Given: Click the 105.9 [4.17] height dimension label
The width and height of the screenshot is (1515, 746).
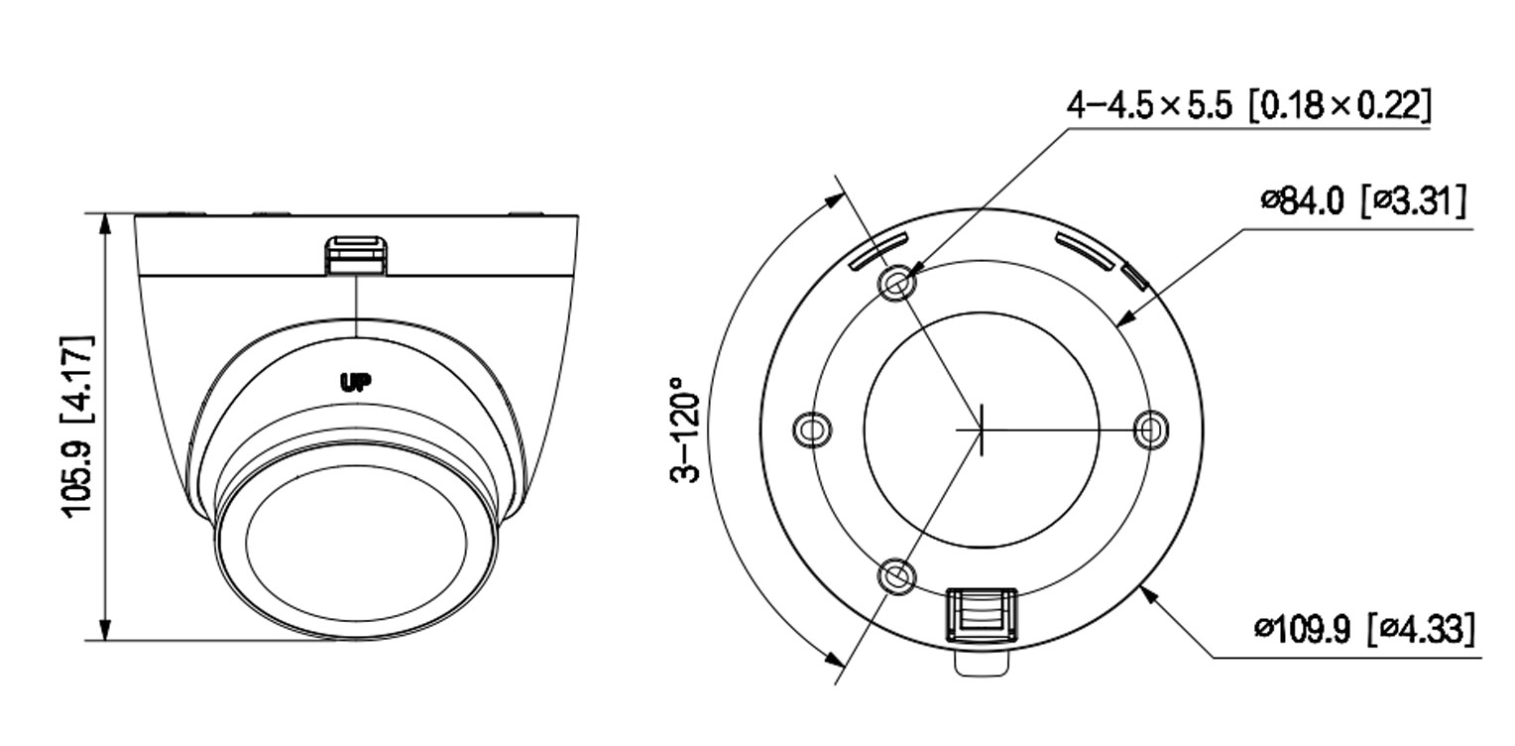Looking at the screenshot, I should [79, 426].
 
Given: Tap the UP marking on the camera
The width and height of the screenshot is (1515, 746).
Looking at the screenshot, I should [355, 383].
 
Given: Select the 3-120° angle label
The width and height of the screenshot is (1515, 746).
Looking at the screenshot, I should [685, 429].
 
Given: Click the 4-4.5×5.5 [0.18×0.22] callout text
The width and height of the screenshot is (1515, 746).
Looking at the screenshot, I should [1248, 104].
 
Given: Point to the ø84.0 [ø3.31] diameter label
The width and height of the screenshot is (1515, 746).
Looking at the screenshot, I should [1363, 201].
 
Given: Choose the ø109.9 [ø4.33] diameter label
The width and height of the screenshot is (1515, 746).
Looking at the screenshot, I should [1363, 629].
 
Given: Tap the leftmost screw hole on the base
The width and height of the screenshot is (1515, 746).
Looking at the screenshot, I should [813, 430].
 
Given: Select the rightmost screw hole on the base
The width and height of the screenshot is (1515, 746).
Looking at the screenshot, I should [1150, 430].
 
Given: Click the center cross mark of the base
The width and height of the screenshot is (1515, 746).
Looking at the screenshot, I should [981, 430].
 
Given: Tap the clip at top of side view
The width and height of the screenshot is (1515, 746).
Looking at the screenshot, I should [355, 253].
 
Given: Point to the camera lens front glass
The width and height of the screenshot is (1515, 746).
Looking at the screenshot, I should [355, 546].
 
